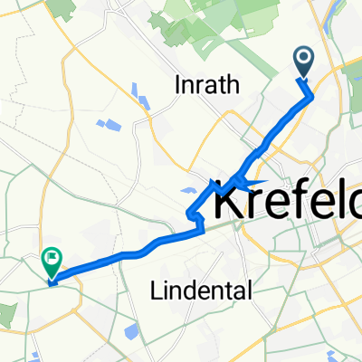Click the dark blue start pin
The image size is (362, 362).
[x=303, y=62]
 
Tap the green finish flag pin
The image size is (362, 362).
[x=52, y=263]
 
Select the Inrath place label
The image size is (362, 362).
[x=208, y=86]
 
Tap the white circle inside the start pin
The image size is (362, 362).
[x=303, y=59]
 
